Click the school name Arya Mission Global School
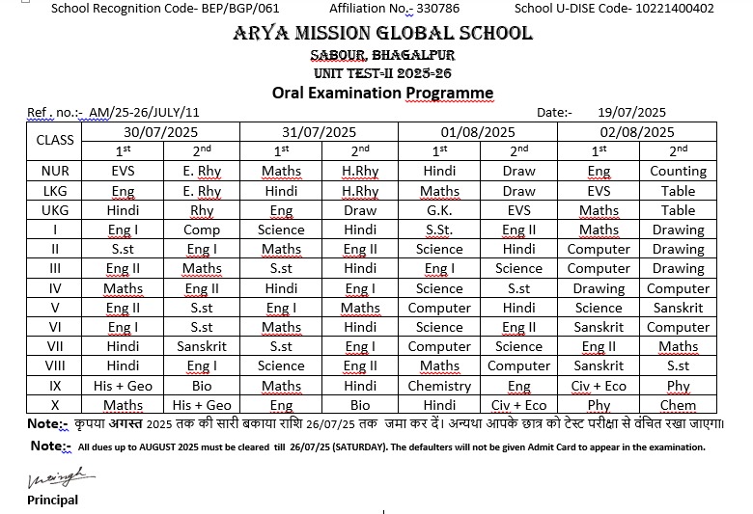click(x=382, y=34)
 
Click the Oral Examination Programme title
click(x=382, y=93)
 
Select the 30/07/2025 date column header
click(x=162, y=132)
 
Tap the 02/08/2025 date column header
click(x=637, y=132)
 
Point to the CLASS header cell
click(x=55, y=140)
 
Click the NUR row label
click(x=55, y=171)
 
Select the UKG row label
click(x=55, y=210)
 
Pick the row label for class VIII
click(x=55, y=365)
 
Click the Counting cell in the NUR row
click(x=678, y=171)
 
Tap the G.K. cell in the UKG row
click(x=439, y=210)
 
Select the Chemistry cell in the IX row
click(x=439, y=386)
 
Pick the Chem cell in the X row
click(x=678, y=406)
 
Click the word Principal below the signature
click(x=52, y=500)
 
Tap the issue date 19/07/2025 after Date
click(x=632, y=112)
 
